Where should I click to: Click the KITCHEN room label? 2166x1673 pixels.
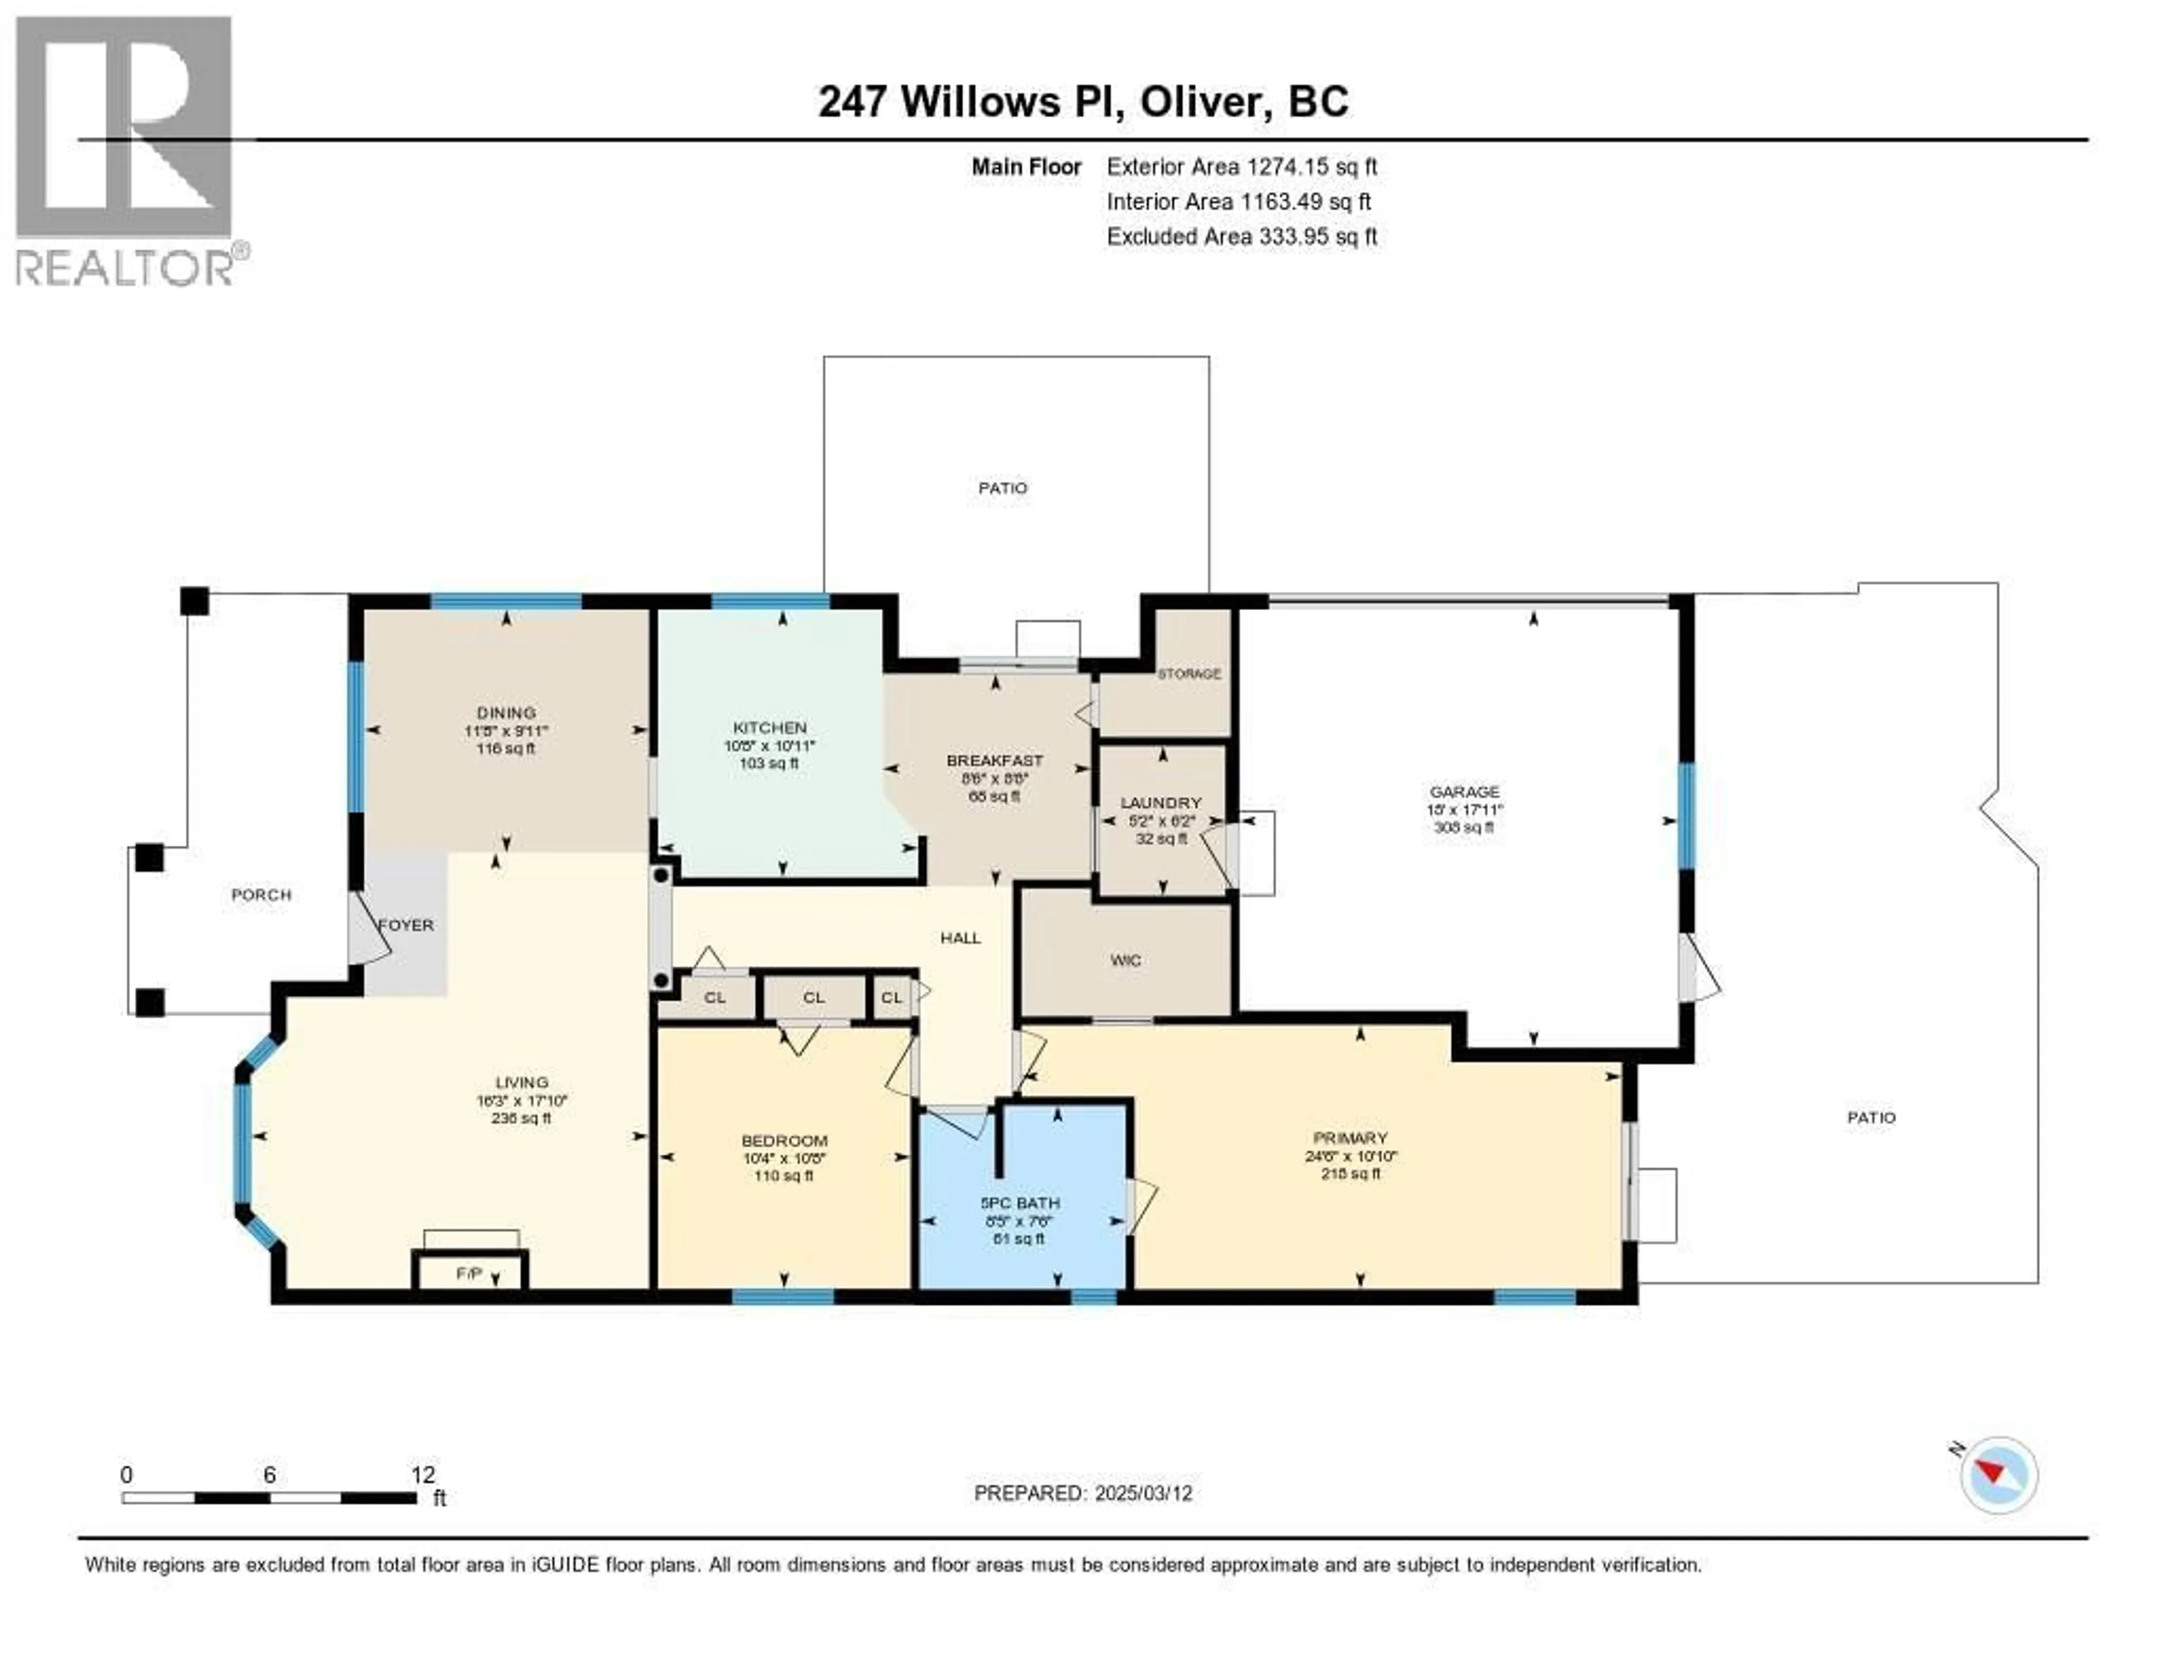pos(769,728)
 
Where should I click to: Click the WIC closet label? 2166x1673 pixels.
pos(1126,960)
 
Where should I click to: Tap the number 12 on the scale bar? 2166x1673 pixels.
pos(422,1474)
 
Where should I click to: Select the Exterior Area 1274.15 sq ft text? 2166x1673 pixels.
pos(1242,166)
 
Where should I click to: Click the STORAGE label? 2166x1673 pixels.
pos(1189,673)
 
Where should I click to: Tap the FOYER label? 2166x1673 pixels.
pos(407,925)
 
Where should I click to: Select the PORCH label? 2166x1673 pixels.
pos(262,895)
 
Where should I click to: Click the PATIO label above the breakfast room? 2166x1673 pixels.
pos(1003,488)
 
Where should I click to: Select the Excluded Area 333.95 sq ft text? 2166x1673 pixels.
pos(1242,236)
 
